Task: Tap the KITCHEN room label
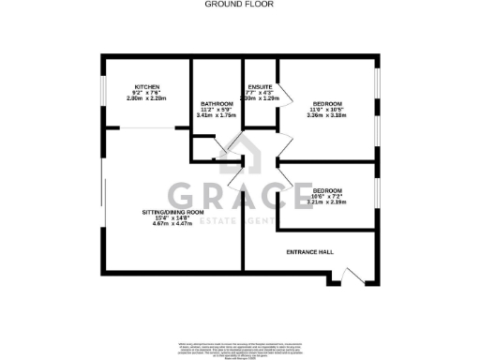tap(145, 86)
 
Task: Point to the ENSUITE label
tap(260, 86)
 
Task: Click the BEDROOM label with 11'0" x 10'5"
tap(327, 102)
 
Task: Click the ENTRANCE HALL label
tap(310, 253)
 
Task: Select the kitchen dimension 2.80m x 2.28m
tap(145, 97)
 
